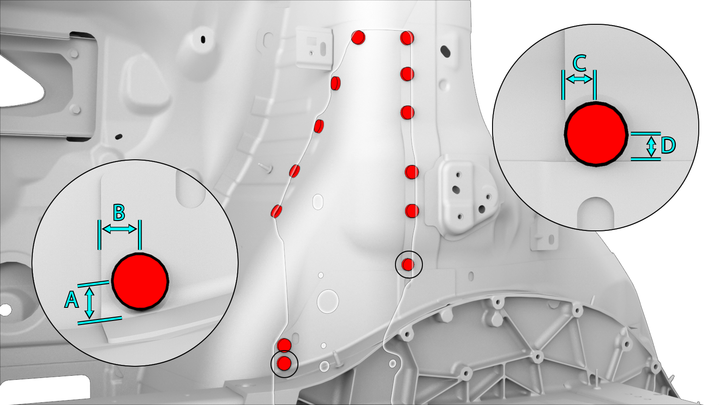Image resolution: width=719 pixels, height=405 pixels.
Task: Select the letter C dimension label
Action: coord(580,63)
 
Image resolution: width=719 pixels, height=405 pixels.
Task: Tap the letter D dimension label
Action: coord(668,146)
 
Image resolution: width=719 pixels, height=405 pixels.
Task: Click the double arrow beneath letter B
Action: coord(120,229)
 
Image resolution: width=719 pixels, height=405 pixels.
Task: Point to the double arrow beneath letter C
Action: coord(579,79)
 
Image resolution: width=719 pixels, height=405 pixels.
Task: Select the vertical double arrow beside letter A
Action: coord(89,303)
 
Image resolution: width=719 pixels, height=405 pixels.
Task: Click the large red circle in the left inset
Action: coord(140,282)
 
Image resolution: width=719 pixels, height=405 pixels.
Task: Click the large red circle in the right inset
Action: coord(596,134)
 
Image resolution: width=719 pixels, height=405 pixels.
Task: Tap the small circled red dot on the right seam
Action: coord(408,265)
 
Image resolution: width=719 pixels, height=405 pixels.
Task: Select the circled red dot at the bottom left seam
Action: coord(284,363)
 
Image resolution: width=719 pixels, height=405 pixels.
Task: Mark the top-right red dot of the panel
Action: coord(407,38)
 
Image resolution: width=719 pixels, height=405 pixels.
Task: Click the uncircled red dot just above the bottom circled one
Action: coord(284,345)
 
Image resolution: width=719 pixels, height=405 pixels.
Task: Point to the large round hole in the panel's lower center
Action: coord(328,301)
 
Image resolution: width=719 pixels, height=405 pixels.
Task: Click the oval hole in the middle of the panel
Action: coord(318,202)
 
